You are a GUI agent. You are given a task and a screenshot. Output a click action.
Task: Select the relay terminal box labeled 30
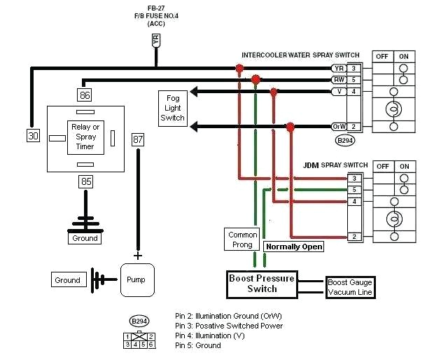[33, 137]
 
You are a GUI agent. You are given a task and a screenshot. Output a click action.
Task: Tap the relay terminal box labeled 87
[138, 139]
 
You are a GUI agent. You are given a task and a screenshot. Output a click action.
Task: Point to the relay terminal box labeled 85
[85, 182]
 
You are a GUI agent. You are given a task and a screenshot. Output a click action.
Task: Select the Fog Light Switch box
[172, 108]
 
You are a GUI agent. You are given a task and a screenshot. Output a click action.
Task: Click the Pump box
[136, 279]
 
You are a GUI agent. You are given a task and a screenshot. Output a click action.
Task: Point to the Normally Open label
[293, 247]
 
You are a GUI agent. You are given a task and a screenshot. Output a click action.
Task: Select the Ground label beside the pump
[67, 280]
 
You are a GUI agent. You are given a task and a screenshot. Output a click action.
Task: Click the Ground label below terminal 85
[85, 238]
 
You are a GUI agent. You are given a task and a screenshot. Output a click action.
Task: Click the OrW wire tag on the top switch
[339, 127]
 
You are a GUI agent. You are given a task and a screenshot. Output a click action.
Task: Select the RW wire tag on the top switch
[339, 80]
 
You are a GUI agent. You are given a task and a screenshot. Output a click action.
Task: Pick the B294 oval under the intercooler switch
[345, 140]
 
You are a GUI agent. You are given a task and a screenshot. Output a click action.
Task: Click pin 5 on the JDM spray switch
[355, 190]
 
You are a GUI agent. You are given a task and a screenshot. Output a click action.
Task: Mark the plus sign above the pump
[137, 256]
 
